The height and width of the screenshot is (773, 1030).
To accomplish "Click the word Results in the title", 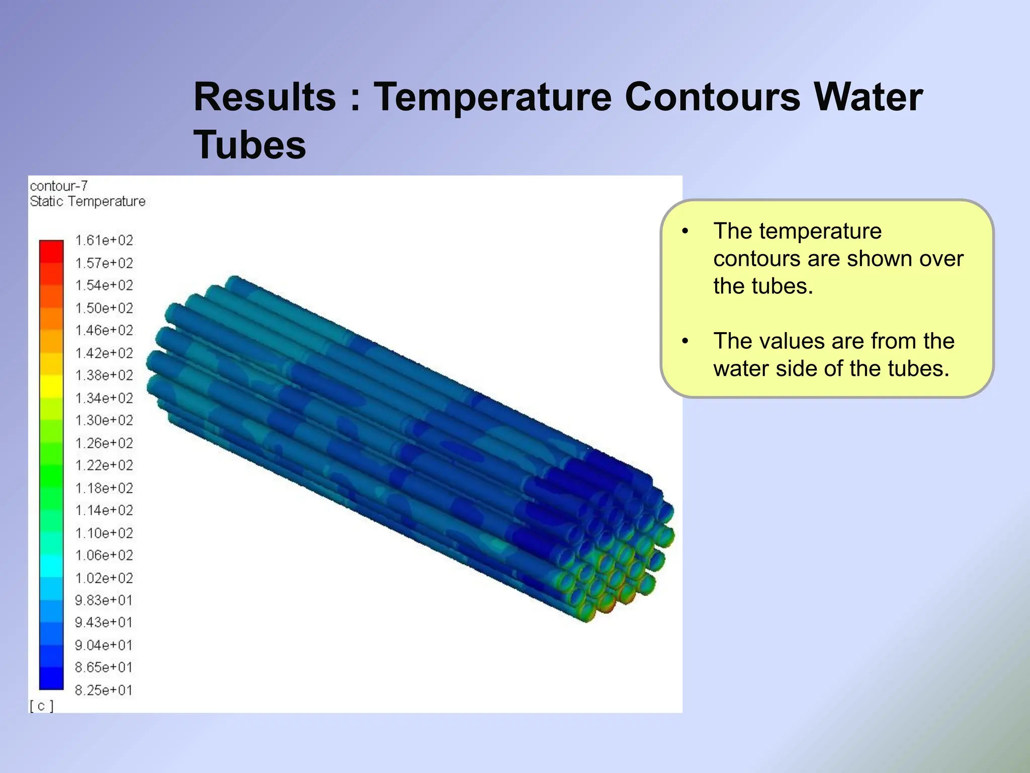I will click(265, 97).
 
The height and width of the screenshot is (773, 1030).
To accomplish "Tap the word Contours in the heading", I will click(712, 97).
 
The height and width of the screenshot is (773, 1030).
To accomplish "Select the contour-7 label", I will click(59, 186).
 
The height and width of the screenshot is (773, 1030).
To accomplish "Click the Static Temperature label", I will click(88, 201).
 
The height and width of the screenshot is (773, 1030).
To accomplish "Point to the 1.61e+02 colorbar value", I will click(104, 241).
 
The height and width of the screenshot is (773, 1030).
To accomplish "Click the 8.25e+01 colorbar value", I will click(104, 690).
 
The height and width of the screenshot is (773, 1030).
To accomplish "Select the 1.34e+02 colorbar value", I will click(104, 398).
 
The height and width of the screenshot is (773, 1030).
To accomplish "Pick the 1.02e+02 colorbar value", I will click(104, 578).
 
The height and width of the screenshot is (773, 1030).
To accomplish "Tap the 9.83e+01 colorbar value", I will click(104, 600).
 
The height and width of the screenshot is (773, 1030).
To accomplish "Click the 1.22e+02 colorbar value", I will click(104, 466).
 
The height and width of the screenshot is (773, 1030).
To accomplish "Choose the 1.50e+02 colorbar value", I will click(104, 308).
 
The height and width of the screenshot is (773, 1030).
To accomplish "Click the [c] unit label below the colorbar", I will click(41, 706).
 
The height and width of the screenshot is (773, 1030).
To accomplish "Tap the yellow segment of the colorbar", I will click(51, 386).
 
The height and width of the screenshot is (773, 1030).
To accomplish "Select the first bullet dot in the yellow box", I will click(685, 231).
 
